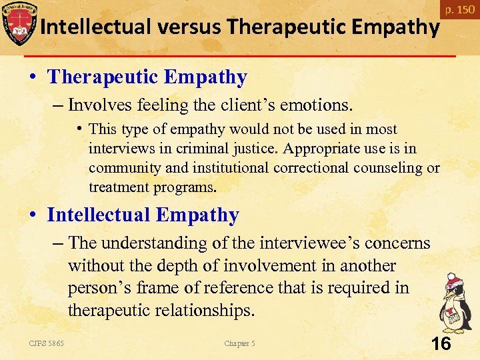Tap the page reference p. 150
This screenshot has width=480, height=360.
460,9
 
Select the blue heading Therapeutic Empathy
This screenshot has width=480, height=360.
147,77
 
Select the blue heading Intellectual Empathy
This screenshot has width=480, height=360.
143,215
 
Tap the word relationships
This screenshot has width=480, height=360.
207,311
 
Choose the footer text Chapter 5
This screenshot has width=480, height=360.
239,344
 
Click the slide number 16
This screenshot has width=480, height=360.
441,344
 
